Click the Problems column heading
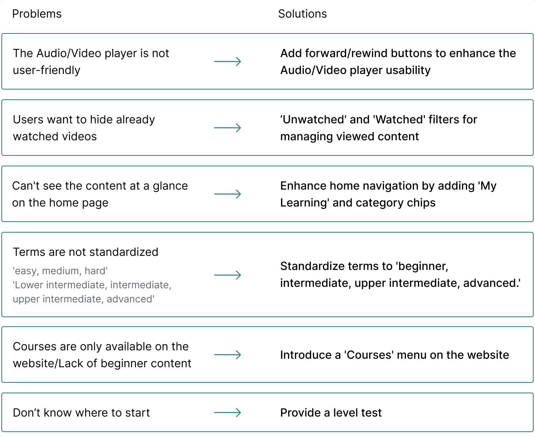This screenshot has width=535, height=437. pos(37,14)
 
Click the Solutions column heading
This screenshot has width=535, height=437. pos(302,14)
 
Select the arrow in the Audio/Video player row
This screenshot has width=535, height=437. pos(227,62)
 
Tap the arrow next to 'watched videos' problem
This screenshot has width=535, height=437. pos(227,128)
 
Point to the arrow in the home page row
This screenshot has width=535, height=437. pos(227,194)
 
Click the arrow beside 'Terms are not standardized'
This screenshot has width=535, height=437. pos(227,275)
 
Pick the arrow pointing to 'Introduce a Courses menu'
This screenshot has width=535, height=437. pos(227,355)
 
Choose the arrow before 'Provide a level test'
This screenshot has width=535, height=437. pos(227,413)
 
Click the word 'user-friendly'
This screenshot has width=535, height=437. pos(46,70)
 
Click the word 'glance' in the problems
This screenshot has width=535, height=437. pos(170,186)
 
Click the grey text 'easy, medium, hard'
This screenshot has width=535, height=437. pos(60,271)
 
